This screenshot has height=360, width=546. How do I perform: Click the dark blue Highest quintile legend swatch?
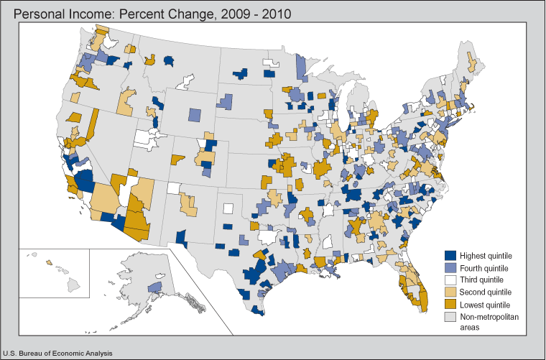451,255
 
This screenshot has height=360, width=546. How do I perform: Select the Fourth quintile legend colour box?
451,267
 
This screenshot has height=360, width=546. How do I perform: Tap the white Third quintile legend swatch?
451,280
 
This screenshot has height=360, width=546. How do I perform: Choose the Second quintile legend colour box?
451,292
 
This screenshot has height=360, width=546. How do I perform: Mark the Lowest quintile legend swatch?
451,304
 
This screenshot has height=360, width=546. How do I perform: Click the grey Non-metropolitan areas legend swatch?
451,316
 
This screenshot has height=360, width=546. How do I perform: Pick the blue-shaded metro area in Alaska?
154,287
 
